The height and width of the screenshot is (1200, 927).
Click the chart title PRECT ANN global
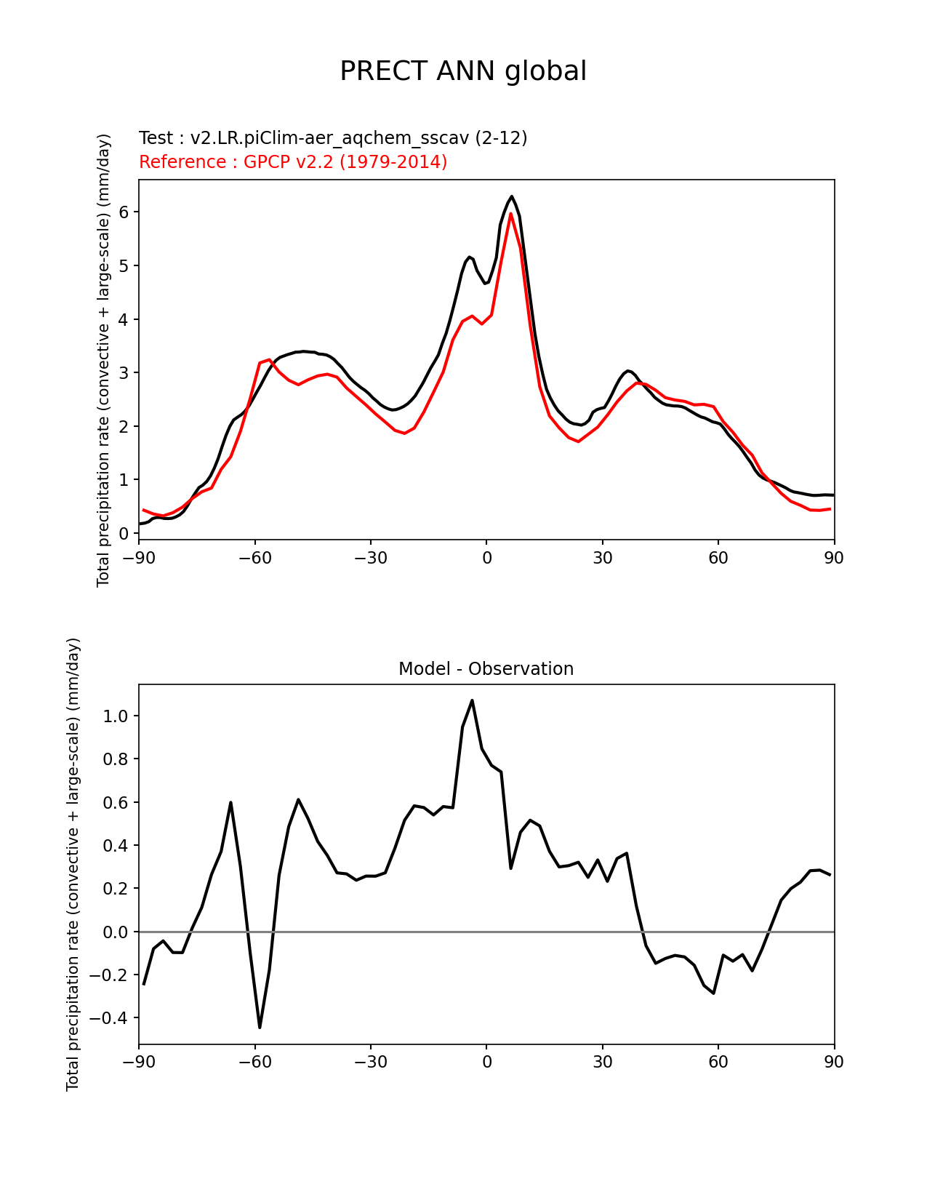click(463, 71)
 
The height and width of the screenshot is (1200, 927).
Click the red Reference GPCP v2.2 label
click(293, 161)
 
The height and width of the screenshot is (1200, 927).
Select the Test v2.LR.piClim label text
click(333, 137)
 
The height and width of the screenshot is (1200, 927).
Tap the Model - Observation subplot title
click(486, 669)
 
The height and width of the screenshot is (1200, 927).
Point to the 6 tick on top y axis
click(124, 212)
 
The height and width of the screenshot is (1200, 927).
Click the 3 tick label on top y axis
click(124, 373)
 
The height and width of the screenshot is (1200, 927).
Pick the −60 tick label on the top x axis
click(254, 558)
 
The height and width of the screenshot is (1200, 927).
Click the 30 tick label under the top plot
click(602, 558)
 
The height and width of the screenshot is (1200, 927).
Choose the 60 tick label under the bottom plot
click(718, 1062)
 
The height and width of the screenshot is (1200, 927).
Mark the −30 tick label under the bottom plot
click(370, 1062)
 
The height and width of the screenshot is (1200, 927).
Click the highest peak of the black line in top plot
click(512, 196)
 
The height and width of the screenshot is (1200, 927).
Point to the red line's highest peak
click(510, 213)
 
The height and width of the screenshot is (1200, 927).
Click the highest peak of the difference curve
click(472, 700)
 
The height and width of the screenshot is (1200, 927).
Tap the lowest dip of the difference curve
click(260, 1027)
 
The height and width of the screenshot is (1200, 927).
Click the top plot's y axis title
click(103, 360)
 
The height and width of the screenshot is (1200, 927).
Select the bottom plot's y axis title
click(73, 864)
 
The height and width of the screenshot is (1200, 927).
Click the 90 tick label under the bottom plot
click(834, 1062)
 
